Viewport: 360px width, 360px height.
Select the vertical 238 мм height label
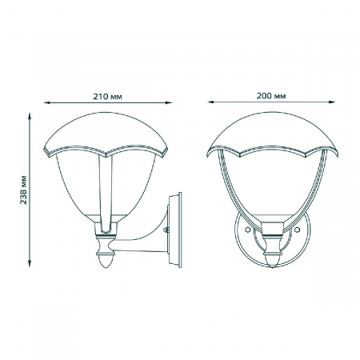pos(23,189)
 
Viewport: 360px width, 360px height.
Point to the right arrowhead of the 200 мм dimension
pos(329,102)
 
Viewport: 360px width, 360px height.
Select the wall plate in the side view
pos(175,228)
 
